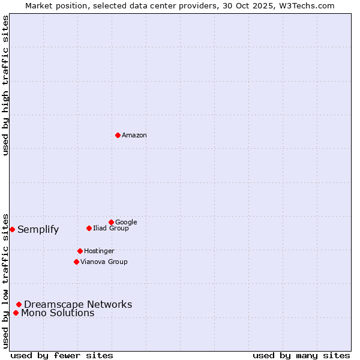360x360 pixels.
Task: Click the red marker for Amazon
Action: (118, 135)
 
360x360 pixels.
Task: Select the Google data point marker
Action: (111, 222)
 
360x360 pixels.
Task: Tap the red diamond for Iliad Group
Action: (89, 228)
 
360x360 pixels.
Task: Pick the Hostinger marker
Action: (80, 251)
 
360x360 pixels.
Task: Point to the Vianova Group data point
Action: (76, 262)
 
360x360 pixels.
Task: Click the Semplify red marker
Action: (12, 229)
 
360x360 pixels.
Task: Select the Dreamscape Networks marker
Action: (19, 304)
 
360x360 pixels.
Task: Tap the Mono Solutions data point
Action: (16, 313)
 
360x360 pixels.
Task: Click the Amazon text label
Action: (134, 136)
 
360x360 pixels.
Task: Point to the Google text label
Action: (126, 222)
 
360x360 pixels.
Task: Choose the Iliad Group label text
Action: (111, 228)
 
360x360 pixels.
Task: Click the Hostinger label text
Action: (99, 251)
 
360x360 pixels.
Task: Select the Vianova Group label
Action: (104, 262)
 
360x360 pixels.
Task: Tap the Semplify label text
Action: (38, 229)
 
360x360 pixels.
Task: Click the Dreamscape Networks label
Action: (78, 304)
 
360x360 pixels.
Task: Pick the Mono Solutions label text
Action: (58, 313)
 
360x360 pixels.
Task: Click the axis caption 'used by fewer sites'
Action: (62, 355)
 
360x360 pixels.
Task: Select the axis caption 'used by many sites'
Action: (301, 355)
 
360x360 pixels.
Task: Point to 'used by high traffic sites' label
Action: (5, 85)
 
